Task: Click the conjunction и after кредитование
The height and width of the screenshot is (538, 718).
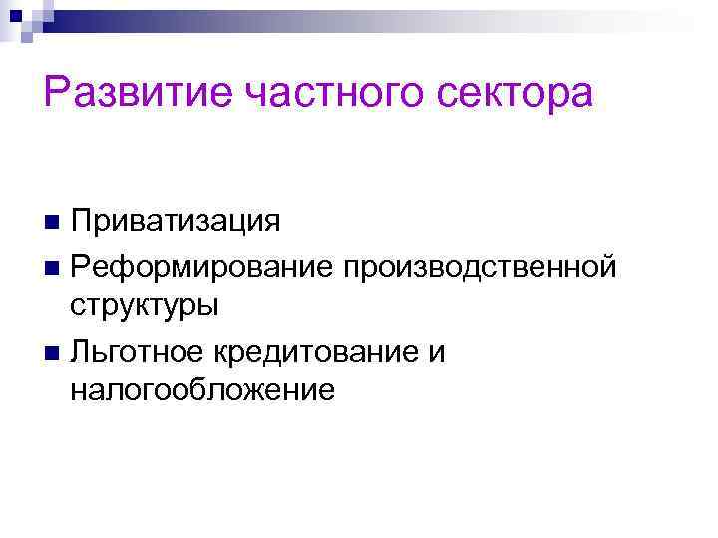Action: coord(438,351)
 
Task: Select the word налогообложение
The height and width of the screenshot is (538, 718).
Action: coord(202,388)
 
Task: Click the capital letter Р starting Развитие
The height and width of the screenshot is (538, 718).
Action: coord(56,93)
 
